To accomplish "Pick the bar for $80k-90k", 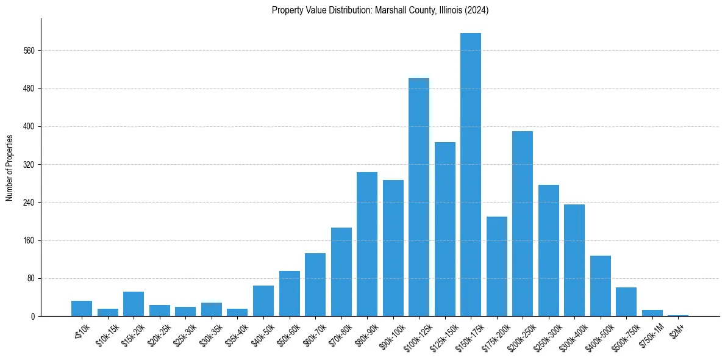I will [x=366, y=244].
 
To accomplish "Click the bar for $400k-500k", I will [x=600, y=286].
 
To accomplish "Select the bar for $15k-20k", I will [x=133, y=304].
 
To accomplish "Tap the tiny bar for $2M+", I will [x=678, y=315].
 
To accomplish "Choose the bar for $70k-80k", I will [x=341, y=272].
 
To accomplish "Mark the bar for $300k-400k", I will [x=574, y=261].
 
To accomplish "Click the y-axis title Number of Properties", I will [x=9, y=168].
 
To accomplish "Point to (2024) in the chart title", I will [x=476, y=10].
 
